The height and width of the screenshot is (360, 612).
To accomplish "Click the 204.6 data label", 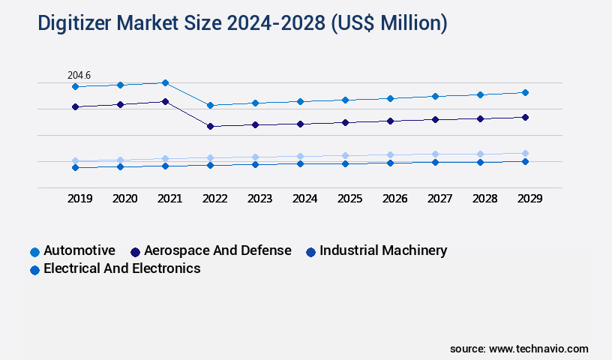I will pos(79,75).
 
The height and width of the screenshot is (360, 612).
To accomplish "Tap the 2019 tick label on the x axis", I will pos(79,199).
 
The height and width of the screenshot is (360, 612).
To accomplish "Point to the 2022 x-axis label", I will pos(214,199).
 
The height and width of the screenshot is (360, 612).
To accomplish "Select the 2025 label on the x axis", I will pos(349,199).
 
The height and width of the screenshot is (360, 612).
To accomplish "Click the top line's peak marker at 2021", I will pos(166,82).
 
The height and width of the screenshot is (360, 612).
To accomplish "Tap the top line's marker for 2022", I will pos(211,105).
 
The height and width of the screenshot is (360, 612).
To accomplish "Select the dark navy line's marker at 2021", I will pos(166,101).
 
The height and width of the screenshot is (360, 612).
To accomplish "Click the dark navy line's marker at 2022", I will pos(211,126).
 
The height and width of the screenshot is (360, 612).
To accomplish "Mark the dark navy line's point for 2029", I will pos(525,117).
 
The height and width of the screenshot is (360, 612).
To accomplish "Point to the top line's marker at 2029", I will pos(525,92).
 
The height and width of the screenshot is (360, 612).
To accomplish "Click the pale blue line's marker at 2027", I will pos(435,154).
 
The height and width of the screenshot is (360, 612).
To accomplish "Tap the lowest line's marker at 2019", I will pos(75,167).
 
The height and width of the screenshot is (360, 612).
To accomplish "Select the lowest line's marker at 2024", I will pos(300,163).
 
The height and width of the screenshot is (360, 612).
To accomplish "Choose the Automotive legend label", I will pos(79,250).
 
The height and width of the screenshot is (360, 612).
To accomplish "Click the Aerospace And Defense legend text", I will pos(217,250).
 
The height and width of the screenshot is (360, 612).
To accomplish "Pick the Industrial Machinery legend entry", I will pos(383,250).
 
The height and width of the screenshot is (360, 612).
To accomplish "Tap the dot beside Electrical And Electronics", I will pos(34,269).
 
